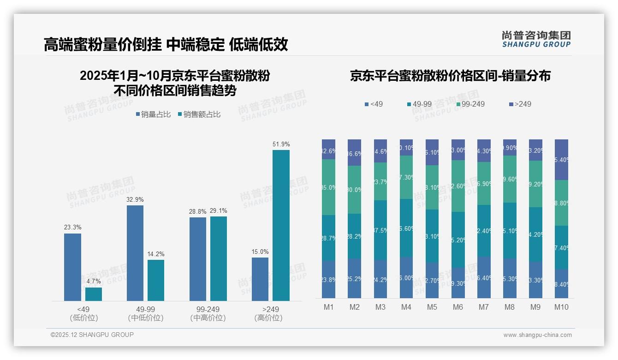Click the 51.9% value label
[281, 144]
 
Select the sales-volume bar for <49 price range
[72, 267]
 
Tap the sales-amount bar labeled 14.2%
[156, 280]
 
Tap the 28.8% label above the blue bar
[198, 211]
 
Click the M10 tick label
[561, 307]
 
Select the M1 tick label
[328, 307]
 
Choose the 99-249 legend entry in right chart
[470, 104]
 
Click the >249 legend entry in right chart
[519, 104]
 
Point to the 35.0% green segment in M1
[328, 187]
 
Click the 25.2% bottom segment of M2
[354, 278]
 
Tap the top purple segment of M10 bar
[561, 159]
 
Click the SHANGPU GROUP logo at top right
[536, 39]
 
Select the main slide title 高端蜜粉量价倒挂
[166, 44]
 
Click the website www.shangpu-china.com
[537, 335]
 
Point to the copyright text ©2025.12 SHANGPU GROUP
[92, 335]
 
